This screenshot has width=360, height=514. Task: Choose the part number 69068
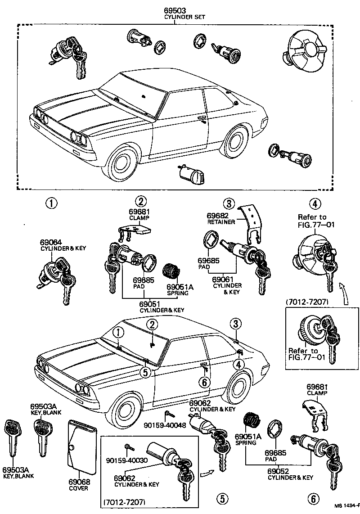point(79,482)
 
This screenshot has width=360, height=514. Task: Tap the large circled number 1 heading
point(51,203)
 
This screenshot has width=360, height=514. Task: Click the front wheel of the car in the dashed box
point(122,162)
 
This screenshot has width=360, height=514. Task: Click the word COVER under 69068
point(79,488)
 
